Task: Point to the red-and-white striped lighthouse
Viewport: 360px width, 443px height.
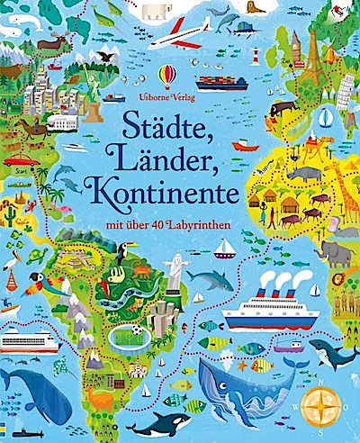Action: pos(255,53)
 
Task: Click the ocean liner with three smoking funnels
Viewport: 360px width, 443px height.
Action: pos(269,312)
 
